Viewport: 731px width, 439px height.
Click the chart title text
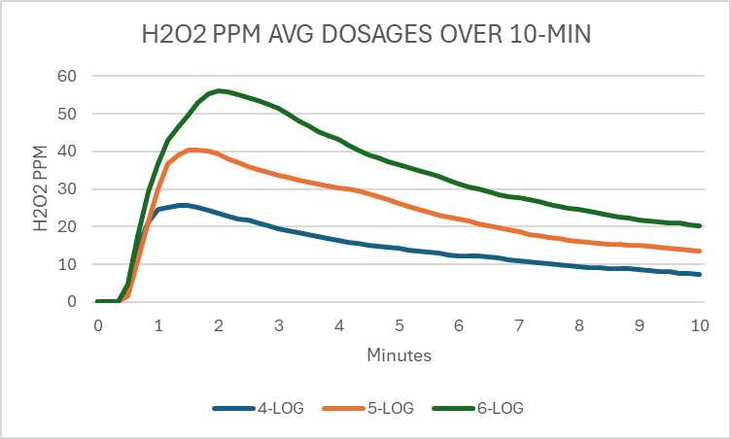[x=366, y=36]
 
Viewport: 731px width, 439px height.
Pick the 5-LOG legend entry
[x=388, y=408]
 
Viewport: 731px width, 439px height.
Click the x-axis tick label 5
[x=400, y=326]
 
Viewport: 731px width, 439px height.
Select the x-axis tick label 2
[x=219, y=326]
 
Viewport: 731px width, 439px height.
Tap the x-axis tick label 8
[x=580, y=326]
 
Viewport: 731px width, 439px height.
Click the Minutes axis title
[x=399, y=355]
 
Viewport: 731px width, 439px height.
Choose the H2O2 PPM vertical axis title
[x=40, y=188]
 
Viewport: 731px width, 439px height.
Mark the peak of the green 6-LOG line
[x=220, y=90]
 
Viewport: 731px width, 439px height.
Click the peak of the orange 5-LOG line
[x=192, y=150]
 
